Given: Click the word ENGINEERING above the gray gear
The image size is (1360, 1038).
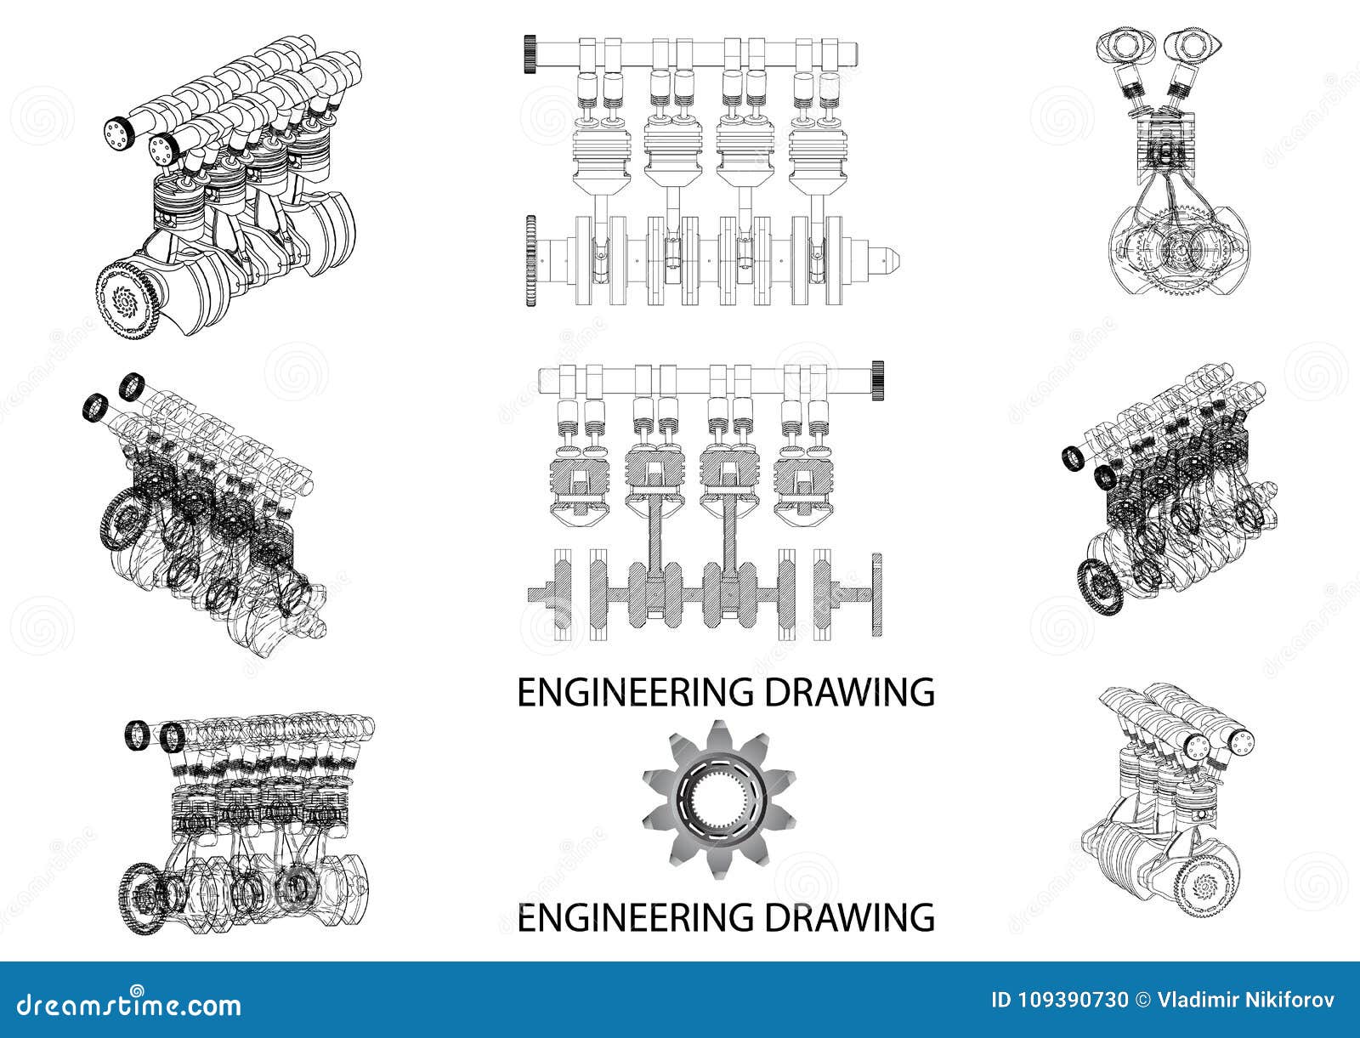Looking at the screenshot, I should coord(620,693).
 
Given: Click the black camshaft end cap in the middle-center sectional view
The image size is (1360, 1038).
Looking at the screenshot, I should coord(879,379).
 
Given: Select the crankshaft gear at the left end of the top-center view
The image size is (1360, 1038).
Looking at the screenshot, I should coord(531,259).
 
